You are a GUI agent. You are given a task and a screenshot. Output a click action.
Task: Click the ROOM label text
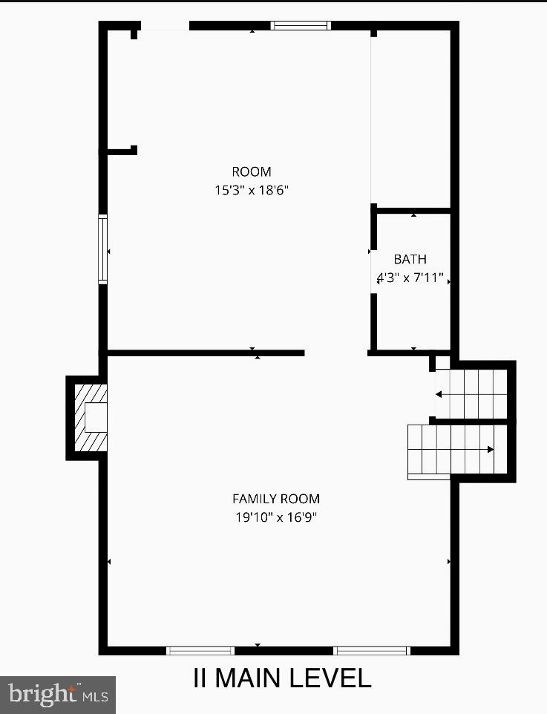(x=252, y=172)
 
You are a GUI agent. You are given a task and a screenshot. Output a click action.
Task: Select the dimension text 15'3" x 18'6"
(x=252, y=190)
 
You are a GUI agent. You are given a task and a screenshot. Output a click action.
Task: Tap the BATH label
(x=410, y=259)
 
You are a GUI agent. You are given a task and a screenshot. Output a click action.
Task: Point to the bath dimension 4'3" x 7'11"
(x=410, y=278)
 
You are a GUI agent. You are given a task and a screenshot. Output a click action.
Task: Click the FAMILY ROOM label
(x=276, y=499)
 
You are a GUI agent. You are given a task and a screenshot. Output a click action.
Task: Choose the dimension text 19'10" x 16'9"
(x=276, y=517)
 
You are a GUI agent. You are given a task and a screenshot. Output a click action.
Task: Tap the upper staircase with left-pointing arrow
(x=471, y=393)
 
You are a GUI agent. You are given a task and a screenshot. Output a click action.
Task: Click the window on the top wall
(x=300, y=25)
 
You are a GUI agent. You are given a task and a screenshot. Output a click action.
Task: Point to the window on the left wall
(x=103, y=249)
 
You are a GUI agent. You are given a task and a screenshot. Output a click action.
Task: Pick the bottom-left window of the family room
(x=200, y=651)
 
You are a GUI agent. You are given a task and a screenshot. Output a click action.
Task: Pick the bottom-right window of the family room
(x=371, y=651)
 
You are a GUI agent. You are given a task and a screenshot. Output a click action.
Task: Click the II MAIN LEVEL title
(x=282, y=678)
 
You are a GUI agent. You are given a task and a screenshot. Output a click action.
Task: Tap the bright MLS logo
(x=57, y=695)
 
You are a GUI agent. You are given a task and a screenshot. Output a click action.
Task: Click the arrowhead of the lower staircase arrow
(x=491, y=449)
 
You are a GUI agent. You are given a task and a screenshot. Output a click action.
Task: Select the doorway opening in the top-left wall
(x=163, y=27)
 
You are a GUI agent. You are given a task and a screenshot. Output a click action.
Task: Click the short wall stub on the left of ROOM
(x=121, y=151)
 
